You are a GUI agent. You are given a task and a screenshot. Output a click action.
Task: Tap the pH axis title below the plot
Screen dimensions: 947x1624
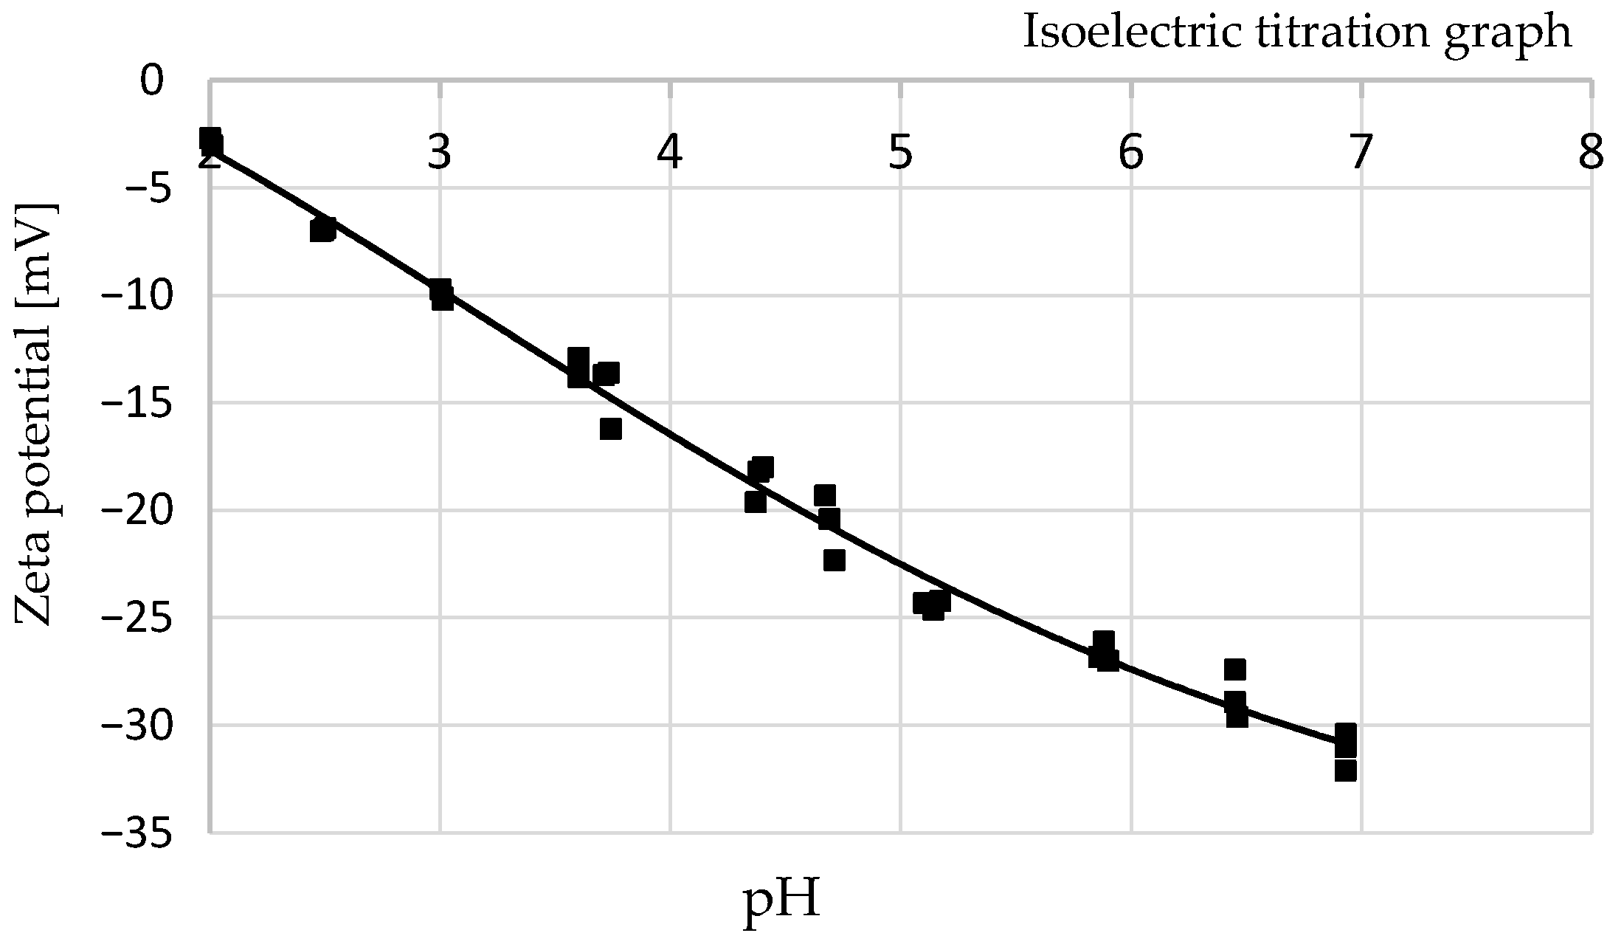(781, 902)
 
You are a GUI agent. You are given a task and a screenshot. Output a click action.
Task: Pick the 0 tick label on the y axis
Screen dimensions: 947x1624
(152, 80)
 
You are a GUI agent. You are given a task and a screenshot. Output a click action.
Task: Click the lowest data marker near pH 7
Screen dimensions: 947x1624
(1345, 771)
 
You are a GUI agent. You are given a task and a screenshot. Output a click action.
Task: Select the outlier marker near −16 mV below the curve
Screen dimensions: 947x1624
(610, 429)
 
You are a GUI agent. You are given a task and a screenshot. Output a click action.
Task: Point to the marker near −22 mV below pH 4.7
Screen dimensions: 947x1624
(834, 561)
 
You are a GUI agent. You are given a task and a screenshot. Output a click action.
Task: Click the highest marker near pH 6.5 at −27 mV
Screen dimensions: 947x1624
(1235, 669)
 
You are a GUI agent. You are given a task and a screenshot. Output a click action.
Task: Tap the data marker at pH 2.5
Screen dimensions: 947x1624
(322, 230)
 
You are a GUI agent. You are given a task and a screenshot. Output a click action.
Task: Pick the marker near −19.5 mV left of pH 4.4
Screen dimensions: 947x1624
(755, 503)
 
